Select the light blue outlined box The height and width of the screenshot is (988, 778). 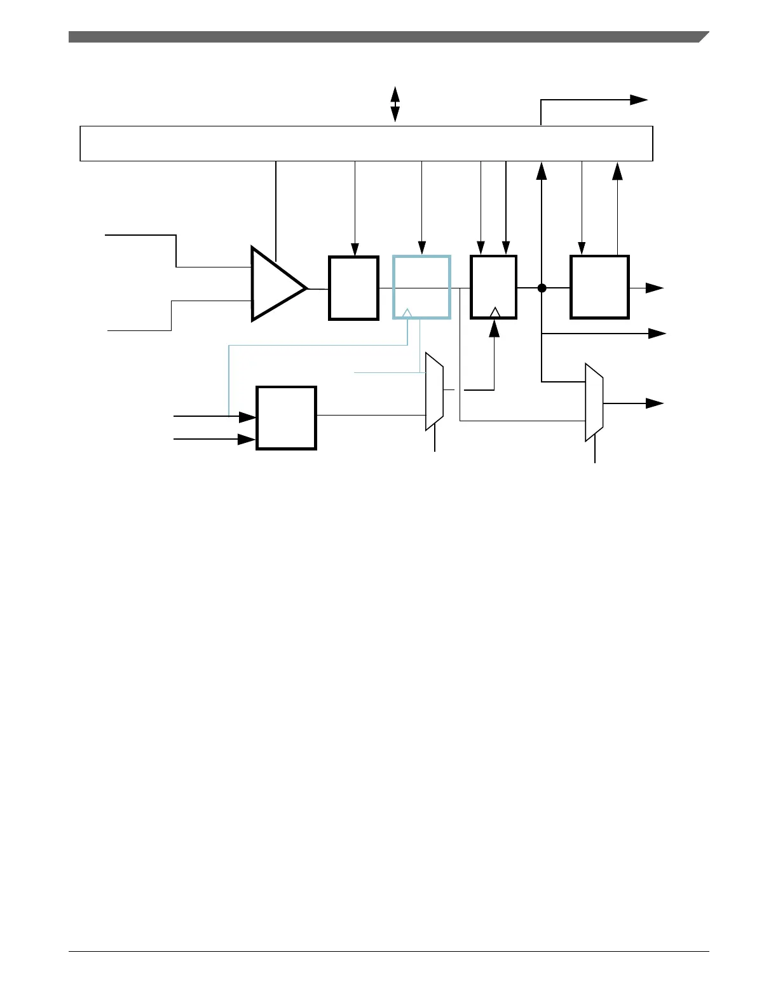421,287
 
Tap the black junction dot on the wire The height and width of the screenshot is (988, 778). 542,288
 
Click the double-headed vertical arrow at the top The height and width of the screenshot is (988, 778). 395,104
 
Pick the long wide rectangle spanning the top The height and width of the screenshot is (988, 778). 366,144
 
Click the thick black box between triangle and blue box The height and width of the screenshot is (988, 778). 353,288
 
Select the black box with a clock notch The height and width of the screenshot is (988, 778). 493,287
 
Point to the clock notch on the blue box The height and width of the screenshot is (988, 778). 408,313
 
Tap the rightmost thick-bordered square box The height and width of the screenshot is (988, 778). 599,287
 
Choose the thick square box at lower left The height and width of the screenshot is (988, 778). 286,417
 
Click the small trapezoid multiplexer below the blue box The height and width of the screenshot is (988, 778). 434,391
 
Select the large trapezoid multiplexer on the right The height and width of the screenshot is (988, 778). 594,402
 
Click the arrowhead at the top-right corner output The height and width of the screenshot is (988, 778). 638,100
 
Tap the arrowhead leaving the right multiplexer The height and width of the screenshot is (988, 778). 655,403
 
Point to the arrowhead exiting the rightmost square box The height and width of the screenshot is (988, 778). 655,288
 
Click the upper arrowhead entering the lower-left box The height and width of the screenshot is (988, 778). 247,417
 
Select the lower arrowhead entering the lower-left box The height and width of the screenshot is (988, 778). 247,439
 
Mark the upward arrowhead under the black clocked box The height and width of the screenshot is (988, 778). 494,328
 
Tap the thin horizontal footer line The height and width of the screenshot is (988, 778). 388,951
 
